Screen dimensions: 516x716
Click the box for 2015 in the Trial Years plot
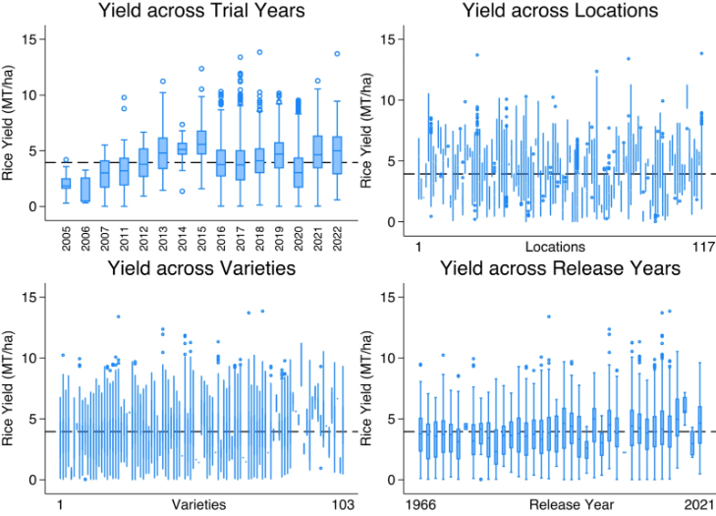(x=201, y=142)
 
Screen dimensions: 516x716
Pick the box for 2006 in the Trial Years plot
(x=85, y=190)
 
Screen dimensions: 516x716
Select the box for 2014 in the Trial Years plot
(x=182, y=148)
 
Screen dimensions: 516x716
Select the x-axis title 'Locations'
(x=555, y=246)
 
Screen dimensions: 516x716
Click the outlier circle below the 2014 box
(x=182, y=191)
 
